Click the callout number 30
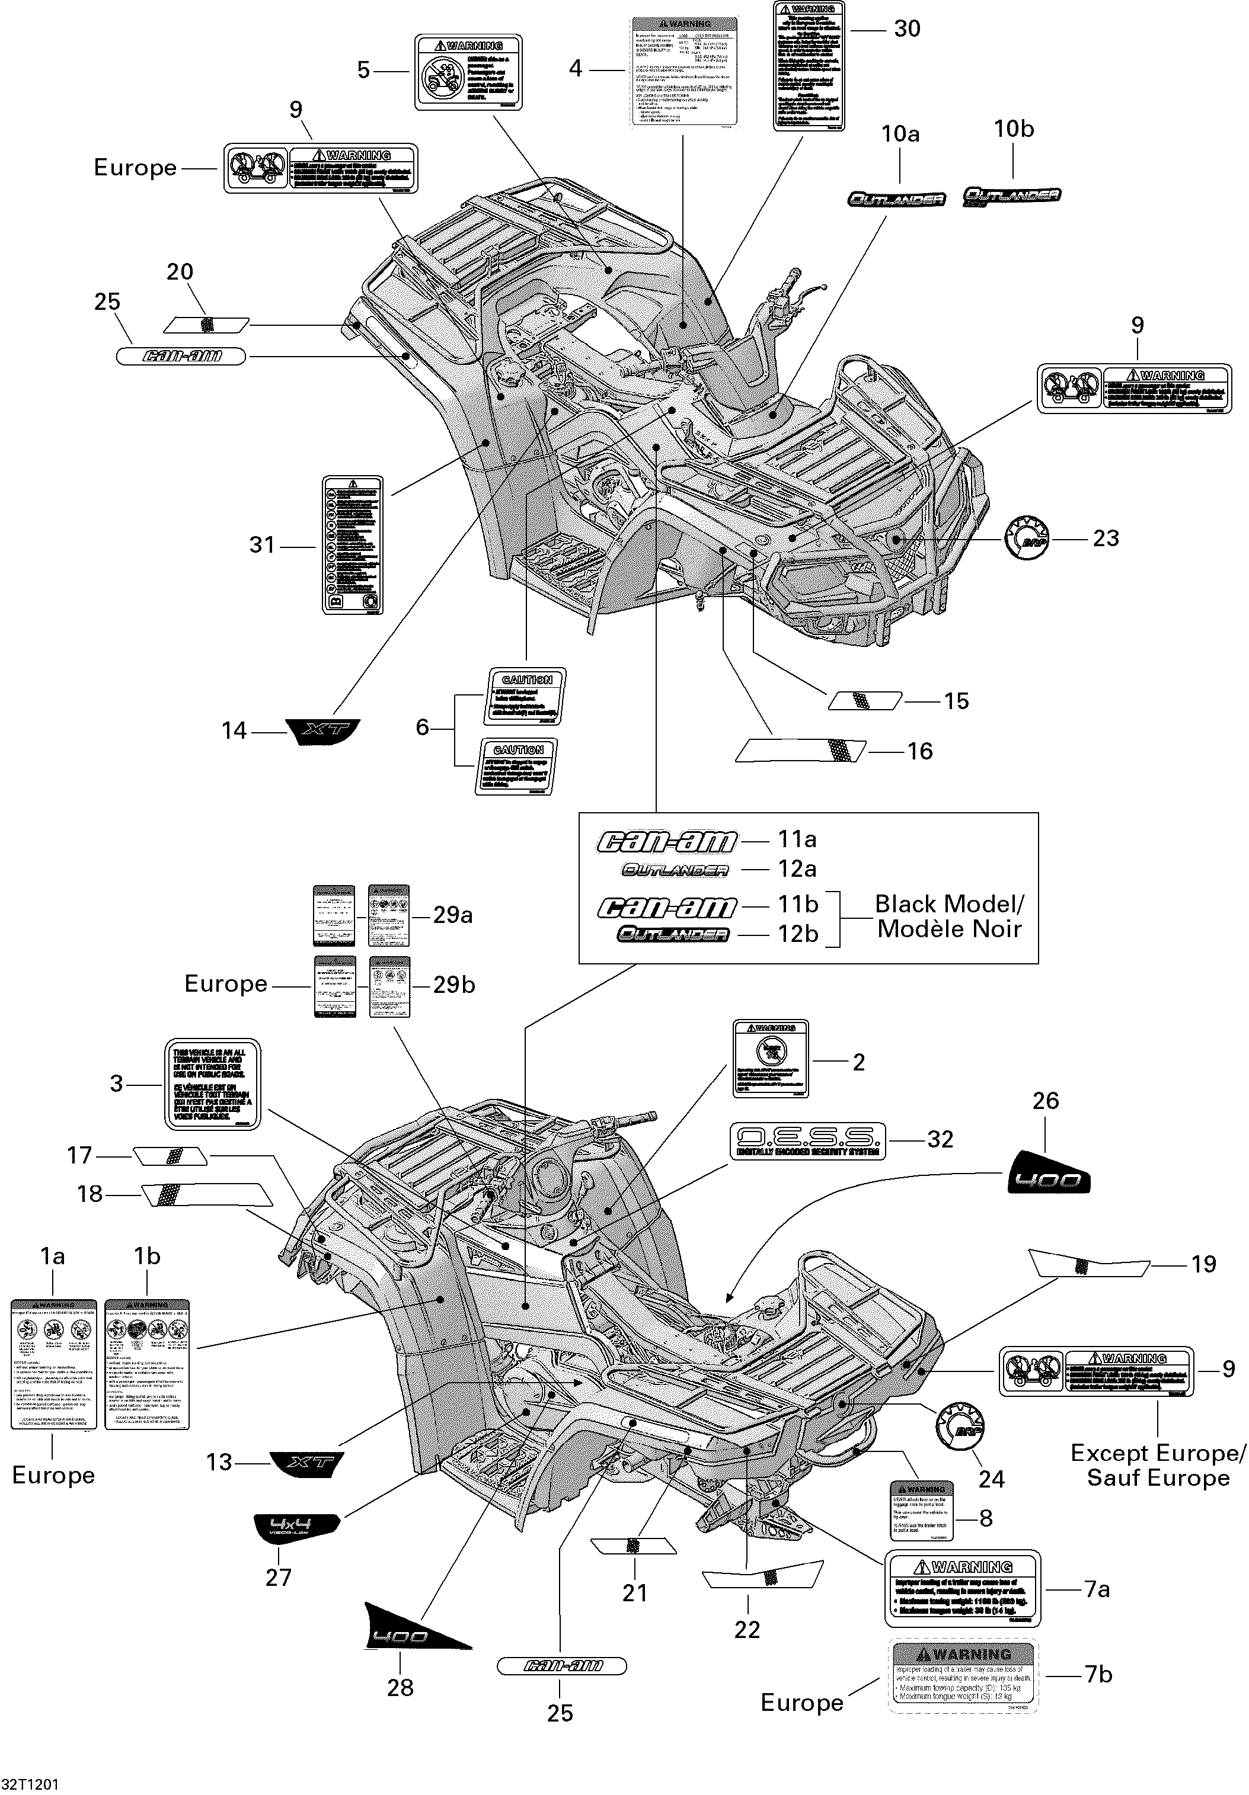[x=906, y=29]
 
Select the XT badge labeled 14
[x=321, y=731]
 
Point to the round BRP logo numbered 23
[x=1026, y=538]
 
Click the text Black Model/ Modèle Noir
[x=948, y=916]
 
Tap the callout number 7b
[x=1098, y=1675]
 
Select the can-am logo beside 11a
[x=667, y=841]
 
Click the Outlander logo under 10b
[x=1011, y=195]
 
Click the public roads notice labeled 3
[x=212, y=1084]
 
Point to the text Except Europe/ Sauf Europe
[x=1158, y=1466]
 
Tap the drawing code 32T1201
[x=30, y=1785]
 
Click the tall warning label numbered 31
[x=353, y=544]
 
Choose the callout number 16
[x=920, y=751]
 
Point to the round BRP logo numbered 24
[x=959, y=1428]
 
